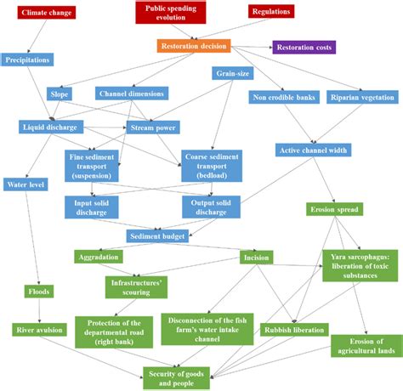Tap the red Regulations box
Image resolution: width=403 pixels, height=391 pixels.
click(x=271, y=12)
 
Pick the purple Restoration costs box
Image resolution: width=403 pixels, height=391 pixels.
click(x=304, y=47)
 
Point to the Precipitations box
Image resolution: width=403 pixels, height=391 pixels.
click(x=29, y=60)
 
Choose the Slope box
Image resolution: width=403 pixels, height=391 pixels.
click(x=59, y=93)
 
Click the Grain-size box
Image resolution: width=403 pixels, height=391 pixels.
click(x=231, y=74)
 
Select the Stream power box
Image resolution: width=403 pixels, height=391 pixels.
click(x=153, y=127)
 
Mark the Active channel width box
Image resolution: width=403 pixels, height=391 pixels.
click(x=312, y=150)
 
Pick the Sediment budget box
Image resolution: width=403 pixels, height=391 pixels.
click(x=157, y=235)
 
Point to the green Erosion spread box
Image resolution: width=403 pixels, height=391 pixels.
click(x=333, y=209)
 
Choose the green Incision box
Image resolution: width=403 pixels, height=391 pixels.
click(x=256, y=257)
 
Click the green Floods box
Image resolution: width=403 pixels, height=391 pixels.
click(x=38, y=292)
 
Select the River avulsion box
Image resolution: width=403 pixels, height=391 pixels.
click(x=38, y=329)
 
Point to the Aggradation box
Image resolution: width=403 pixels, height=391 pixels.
click(x=99, y=257)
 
